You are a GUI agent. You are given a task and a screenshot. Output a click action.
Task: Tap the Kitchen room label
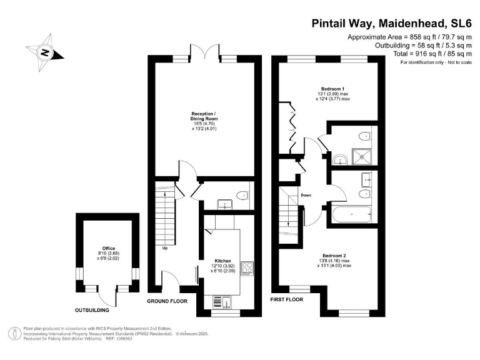coord(223,261)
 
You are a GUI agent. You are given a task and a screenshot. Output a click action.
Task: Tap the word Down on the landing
coord(306,196)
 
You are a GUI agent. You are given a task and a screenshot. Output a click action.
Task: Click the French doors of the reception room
coord(204,54)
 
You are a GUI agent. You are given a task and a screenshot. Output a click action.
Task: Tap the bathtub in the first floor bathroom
coord(352,214)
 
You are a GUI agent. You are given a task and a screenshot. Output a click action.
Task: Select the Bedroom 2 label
coord(333,255)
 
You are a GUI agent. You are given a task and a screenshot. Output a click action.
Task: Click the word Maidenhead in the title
coord(392,24)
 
